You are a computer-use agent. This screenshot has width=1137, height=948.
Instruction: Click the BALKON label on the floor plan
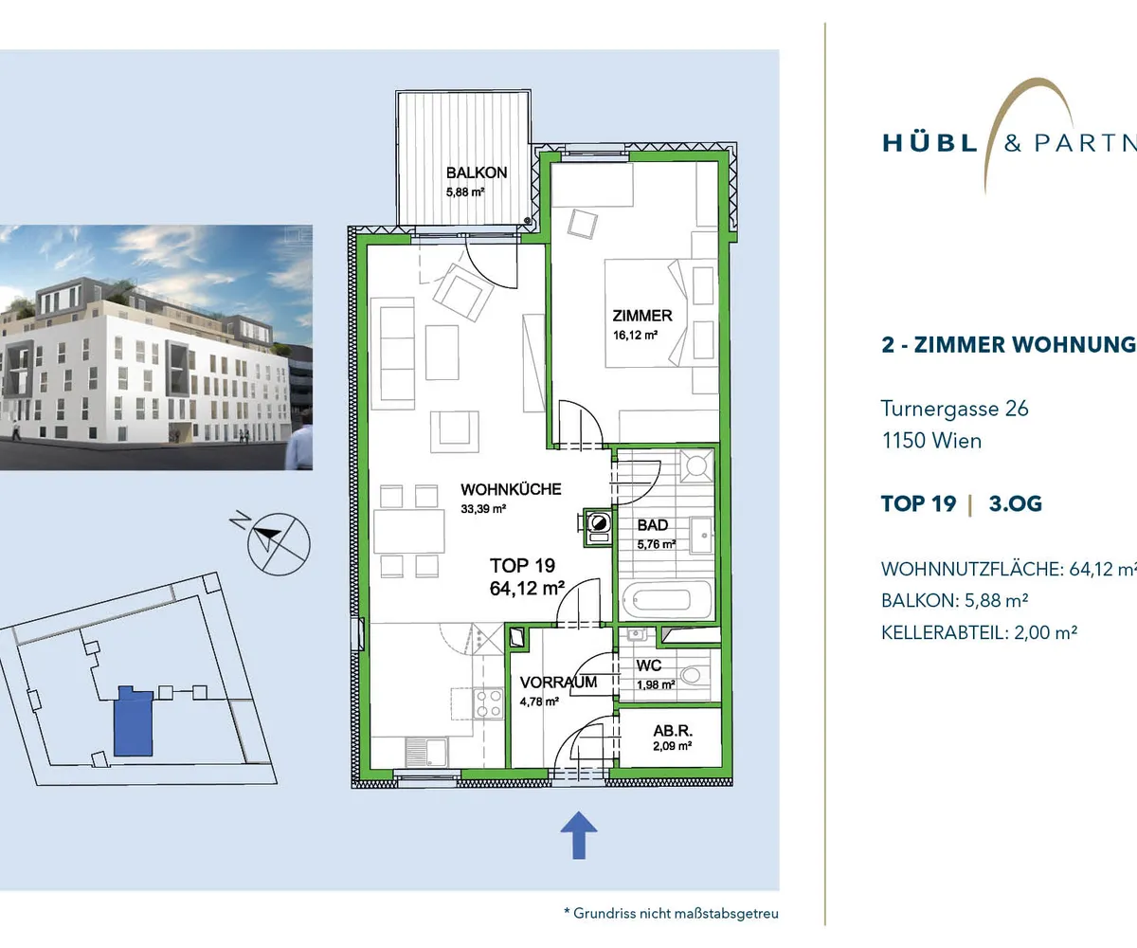[x=477, y=173]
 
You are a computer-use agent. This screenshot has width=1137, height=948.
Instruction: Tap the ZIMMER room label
[x=642, y=316]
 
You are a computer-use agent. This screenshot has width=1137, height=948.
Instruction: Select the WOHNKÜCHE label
[x=511, y=489]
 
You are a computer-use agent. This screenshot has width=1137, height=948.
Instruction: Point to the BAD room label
[x=653, y=524]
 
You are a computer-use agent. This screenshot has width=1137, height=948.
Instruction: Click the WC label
[x=648, y=665]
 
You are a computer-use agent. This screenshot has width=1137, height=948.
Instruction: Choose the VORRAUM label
[x=558, y=683]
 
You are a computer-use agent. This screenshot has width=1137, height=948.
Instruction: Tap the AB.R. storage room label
[x=673, y=731]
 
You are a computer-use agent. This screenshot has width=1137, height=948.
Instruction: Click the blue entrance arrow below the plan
[x=579, y=835]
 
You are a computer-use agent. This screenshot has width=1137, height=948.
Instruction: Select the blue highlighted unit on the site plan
[x=134, y=720]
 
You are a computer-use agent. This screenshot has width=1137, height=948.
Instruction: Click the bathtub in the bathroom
[x=665, y=600]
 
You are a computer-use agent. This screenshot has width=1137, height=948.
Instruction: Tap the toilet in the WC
[x=690, y=676]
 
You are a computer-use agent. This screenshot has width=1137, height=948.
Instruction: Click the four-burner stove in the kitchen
[x=488, y=703]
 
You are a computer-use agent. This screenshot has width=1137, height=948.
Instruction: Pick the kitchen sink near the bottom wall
[x=427, y=752]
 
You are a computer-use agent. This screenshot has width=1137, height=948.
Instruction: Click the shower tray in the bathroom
[x=695, y=466]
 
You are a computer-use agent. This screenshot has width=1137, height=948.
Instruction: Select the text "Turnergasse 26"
[x=954, y=409]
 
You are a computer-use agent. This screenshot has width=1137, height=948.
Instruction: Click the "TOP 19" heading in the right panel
[x=919, y=503]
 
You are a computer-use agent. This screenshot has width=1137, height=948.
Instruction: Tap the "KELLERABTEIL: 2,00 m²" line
[x=979, y=632]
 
